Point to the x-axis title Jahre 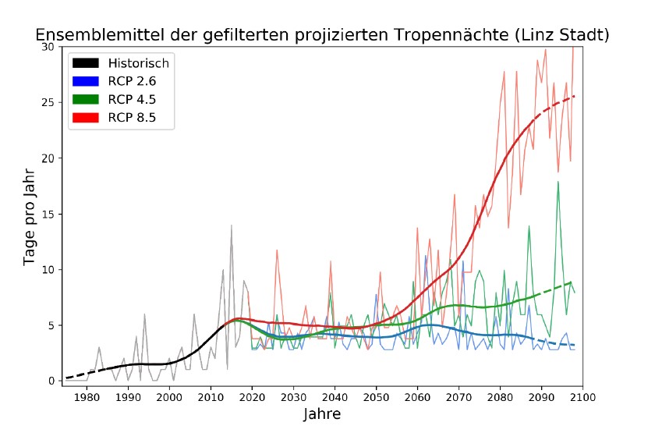coord(322,414)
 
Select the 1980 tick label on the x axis coord(86,397)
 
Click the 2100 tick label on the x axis coord(582,397)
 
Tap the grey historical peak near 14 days coord(231,225)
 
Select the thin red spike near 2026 coord(277,250)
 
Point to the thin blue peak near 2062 coord(426,256)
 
